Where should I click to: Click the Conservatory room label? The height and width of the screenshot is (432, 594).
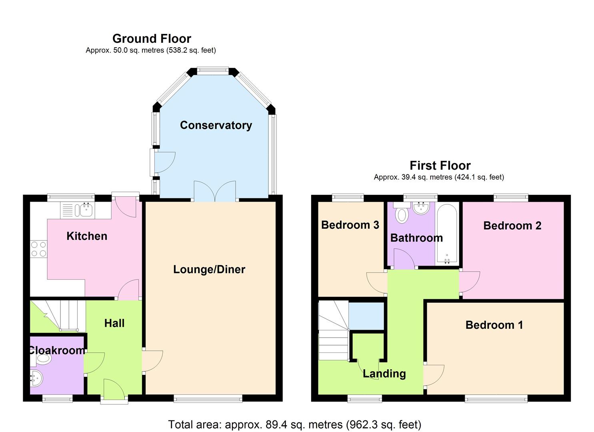[216, 125]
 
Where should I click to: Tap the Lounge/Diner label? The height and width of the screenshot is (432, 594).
[209, 269]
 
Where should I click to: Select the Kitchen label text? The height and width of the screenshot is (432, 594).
[87, 236]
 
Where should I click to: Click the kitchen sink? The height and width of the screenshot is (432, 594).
[85, 210]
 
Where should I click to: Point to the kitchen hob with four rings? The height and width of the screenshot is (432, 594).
[38, 249]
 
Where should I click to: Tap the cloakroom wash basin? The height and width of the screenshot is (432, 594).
[36, 378]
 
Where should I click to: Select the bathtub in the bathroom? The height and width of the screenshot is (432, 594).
[446, 234]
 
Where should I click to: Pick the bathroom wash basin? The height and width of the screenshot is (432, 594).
[420, 208]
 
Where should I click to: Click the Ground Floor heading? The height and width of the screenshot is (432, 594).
[152, 38]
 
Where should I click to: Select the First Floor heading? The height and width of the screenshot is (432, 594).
[440, 165]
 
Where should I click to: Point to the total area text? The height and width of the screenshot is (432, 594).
[295, 424]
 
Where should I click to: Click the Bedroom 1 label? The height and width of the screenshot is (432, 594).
[494, 325]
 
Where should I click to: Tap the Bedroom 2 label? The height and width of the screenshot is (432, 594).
[512, 226]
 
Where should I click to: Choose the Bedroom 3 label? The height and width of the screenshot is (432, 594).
[350, 225]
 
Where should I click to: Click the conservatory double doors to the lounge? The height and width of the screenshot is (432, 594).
[215, 192]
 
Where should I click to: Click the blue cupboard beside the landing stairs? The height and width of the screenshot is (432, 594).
[366, 316]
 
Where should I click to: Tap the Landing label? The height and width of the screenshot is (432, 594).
[384, 374]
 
